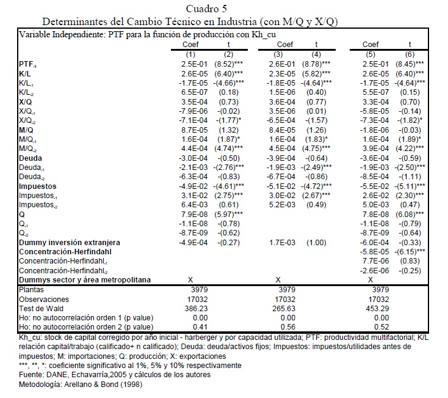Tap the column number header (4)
(316, 54)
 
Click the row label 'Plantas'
(31, 290)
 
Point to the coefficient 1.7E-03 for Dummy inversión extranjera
(286, 243)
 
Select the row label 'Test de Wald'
(41, 309)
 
